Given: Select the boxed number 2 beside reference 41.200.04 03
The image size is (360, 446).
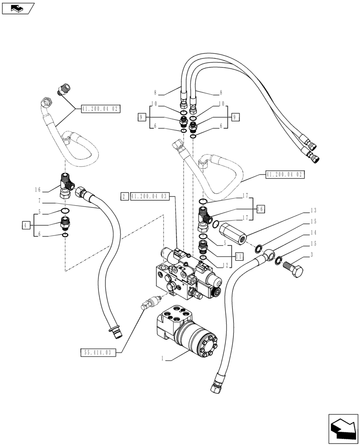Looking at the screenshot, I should (x=124, y=196).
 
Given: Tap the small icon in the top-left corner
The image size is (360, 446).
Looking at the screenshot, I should (x=17, y=8).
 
